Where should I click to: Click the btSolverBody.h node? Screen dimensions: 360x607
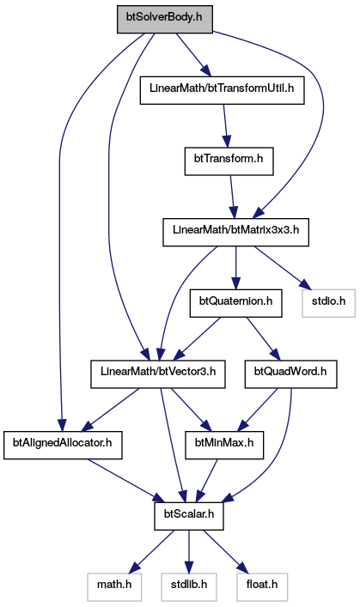pos(165,19)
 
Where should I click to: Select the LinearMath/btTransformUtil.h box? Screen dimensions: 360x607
pos(222,90)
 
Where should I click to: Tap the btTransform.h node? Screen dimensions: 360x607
pos(229,161)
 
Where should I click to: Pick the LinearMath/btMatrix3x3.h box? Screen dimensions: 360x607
pos(235,232)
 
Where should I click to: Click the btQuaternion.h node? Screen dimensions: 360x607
pos(235,303)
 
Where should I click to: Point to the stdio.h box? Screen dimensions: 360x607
pos(328,303)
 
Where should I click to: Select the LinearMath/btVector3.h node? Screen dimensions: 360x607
pos(158,374)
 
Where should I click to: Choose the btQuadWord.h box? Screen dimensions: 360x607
pos(290,374)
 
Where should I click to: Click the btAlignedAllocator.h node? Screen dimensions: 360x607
pos(63,446)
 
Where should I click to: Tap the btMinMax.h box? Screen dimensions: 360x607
pos(224,446)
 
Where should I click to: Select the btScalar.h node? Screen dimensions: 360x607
pos(189,516)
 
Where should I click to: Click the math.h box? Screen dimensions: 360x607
pos(114,587)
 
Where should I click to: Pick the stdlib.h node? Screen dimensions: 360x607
pos(189,587)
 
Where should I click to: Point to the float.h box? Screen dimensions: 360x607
pos(262,587)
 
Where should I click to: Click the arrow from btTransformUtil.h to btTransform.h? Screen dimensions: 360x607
pos(225,125)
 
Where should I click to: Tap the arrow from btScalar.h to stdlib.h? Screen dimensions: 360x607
pos(189,552)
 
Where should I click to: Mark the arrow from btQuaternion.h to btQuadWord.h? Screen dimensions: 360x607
pos(263,339)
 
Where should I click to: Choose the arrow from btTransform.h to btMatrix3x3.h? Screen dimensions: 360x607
pos(232,197)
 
